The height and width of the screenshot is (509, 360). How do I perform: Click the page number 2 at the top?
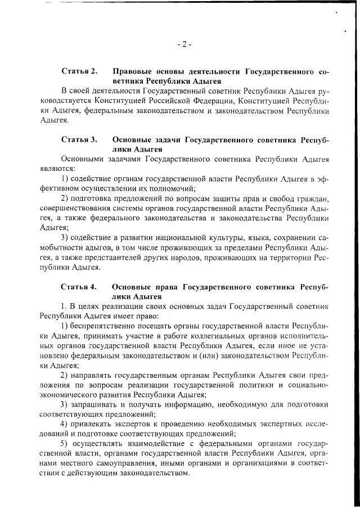(x=184, y=44)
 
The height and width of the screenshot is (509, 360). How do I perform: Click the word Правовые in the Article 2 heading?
(x=133, y=73)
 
